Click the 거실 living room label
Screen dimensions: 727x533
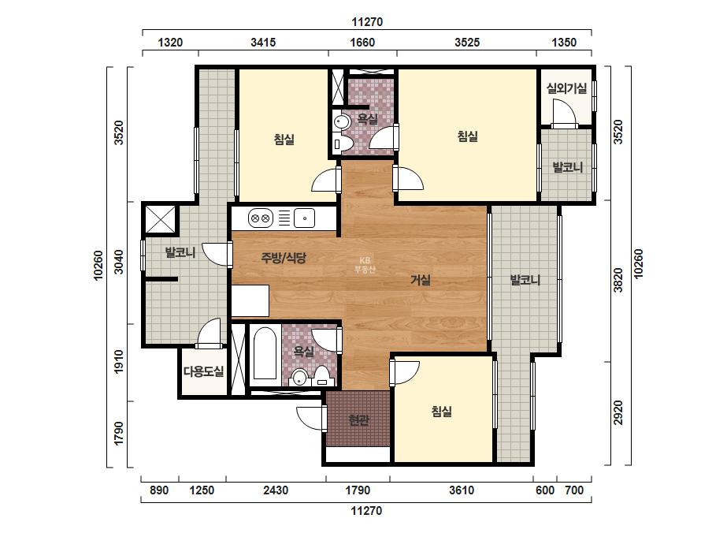pyautogui.click(x=421, y=280)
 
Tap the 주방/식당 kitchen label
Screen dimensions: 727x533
pyautogui.click(x=284, y=258)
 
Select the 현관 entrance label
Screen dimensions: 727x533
pyautogui.click(x=358, y=420)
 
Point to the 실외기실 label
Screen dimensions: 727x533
pyautogui.click(x=566, y=88)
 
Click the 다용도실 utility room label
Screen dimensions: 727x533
pyautogui.click(x=203, y=371)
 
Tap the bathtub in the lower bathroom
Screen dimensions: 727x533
pyautogui.click(x=265, y=355)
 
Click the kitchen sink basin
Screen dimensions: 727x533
pyautogui.click(x=304, y=218)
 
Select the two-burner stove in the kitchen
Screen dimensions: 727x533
pyautogui.click(x=260, y=218)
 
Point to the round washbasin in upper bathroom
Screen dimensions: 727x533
pyautogui.click(x=342, y=122)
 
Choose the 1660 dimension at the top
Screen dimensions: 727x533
pyautogui.click(x=362, y=43)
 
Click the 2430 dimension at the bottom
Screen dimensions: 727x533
pyautogui.click(x=276, y=490)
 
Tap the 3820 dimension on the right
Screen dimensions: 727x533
pyautogui.click(x=618, y=281)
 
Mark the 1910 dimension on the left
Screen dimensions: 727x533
pyautogui.click(x=119, y=362)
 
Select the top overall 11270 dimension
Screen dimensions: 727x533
pyautogui.click(x=367, y=22)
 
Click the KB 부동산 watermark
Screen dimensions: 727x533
pyautogui.click(x=365, y=265)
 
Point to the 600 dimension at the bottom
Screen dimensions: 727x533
pyautogui.click(x=545, y=490)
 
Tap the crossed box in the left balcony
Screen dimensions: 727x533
pyautogui.click(x=160, y=218)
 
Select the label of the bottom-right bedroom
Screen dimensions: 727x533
pyautogui.click(x=441, y=412)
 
